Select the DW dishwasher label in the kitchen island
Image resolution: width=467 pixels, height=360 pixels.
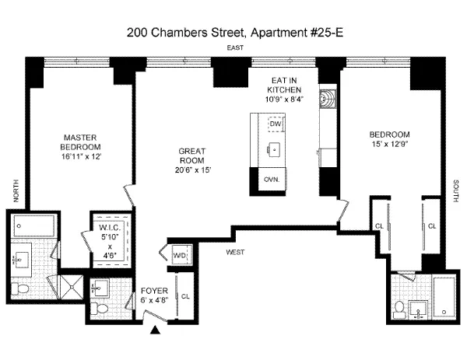coord(274,124)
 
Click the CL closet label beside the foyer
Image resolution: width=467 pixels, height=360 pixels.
coord(184,296)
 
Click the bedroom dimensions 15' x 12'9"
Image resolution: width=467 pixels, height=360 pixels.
coord(389,143)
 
